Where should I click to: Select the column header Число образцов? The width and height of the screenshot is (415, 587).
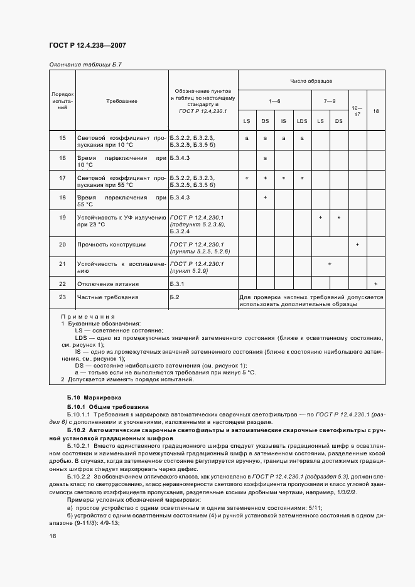pos(311,81)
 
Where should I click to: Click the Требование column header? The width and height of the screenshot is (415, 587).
pos(121,101)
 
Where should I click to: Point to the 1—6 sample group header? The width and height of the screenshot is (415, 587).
pos(275,100)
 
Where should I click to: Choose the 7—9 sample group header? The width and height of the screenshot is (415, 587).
pos(330,100)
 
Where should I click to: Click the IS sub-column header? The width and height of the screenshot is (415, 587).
pos(284,120)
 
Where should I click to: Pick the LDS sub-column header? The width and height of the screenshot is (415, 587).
pos(302,120)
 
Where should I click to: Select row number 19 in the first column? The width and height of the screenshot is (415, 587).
pos(62,217)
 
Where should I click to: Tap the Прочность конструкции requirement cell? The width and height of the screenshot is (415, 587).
pos(111,245)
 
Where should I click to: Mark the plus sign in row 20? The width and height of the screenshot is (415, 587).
pos(357,245)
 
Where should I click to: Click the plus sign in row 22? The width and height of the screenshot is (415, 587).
pos(375,285)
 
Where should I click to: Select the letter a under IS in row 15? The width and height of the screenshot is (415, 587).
pos(284,137)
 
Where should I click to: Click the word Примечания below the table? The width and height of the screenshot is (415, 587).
pos(89,317)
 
